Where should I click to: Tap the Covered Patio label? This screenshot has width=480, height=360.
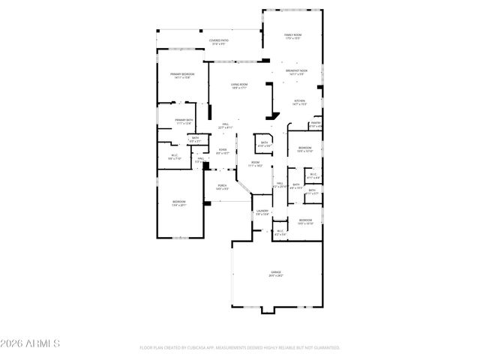coord(219,42)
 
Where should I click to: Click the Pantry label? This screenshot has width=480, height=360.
coord(316,124)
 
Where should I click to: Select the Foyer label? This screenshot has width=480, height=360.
coord(223,151)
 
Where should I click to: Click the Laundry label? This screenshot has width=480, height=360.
coord(262,212)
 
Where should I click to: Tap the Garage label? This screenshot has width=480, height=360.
coord(277,273)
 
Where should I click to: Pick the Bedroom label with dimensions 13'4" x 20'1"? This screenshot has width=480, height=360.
coord(179,203)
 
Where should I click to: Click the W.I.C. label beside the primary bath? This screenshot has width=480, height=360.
coord(174,157)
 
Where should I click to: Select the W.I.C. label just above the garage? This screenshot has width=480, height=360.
coord(280,233)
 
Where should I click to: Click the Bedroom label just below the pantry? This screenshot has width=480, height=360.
coord(304,149)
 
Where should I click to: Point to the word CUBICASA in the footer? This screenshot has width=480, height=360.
coord(205,348)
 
